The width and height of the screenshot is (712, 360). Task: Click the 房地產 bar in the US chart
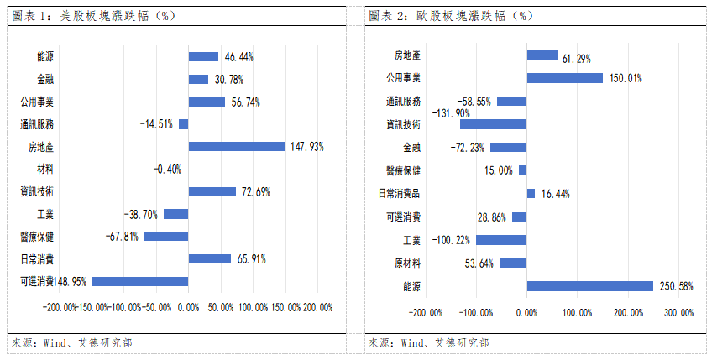(x=237, y=146)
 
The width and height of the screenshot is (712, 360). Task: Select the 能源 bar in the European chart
(x=589, y=286)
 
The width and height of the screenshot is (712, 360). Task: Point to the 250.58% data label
(x=675, y=286)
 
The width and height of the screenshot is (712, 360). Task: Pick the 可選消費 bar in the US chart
(x=140, y=281)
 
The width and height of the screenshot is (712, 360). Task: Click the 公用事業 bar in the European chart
(x=564, y=78)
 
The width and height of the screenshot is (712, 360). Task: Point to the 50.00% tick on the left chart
(x=220, y=307)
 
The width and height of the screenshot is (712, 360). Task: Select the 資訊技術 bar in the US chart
(x=212, y=191)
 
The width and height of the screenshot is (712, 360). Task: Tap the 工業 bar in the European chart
(x=501, y=240)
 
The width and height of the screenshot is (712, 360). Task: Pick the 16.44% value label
(x=554, y=194)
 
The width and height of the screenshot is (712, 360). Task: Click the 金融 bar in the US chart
(x=198, y=79)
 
